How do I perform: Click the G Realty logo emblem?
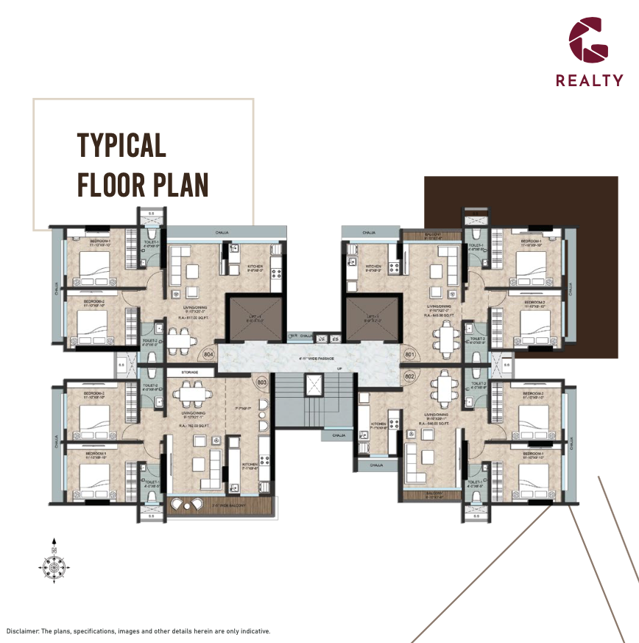[589, 40]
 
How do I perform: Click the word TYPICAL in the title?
[121, 146]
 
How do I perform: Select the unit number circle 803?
[261, 382]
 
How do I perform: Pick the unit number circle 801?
[410, 354]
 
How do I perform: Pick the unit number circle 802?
[410, 376]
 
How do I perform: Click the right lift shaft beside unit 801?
[372, 318]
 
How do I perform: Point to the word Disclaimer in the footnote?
[22, 631]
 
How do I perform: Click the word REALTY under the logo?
[589, 81]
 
